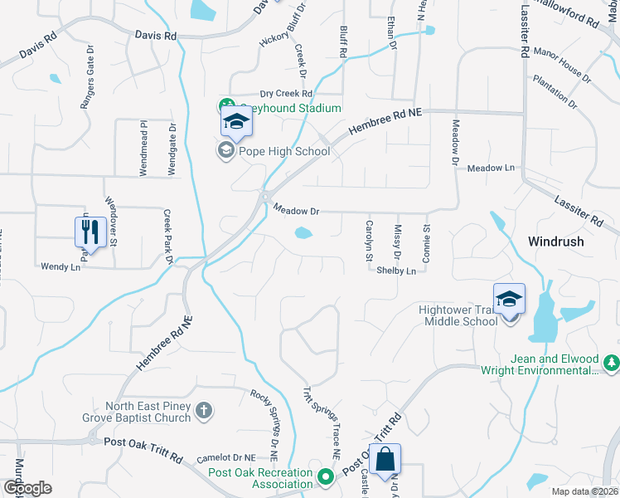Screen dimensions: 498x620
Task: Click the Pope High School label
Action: point(283,151)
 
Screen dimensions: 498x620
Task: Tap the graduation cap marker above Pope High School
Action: point(236,124)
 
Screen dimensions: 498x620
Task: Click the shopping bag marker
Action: point(385,459)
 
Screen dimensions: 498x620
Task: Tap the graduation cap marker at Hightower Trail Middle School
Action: point(509,299)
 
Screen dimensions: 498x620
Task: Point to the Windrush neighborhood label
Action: point(556,242)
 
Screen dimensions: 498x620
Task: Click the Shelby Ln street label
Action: point(395,271)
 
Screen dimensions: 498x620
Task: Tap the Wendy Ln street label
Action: point(61,266)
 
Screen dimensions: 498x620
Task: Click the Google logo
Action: point(28,488)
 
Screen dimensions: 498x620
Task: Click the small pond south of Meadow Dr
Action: point(303,233)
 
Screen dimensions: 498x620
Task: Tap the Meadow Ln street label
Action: point(491,168)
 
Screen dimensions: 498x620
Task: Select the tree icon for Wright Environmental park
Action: point(612,363)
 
